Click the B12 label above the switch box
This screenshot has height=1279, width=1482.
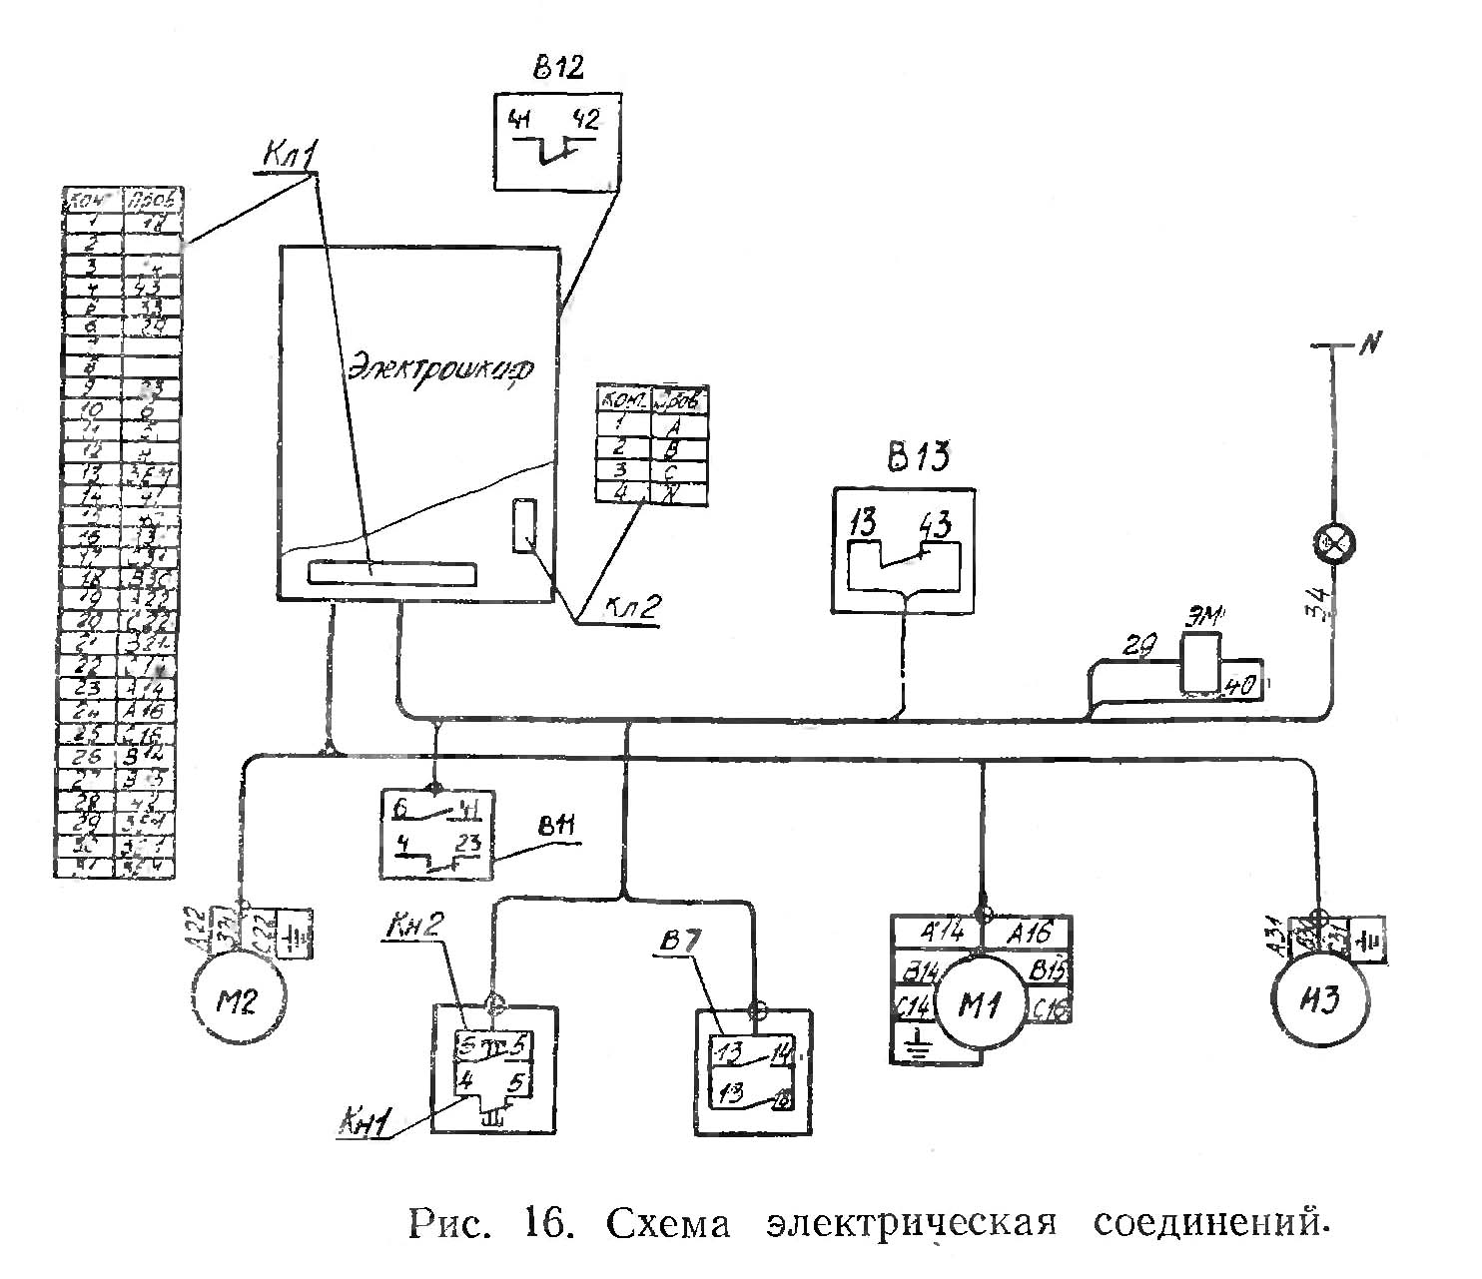(558, 68)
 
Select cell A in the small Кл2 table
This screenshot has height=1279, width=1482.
(680, 424)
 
